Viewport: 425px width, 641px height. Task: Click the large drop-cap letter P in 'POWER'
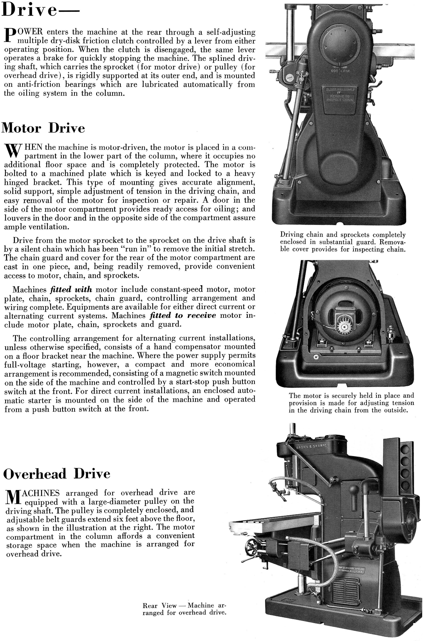click(9, 37)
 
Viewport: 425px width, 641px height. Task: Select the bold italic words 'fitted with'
click(71, 290)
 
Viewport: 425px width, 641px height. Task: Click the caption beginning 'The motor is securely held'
click(351, 403)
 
